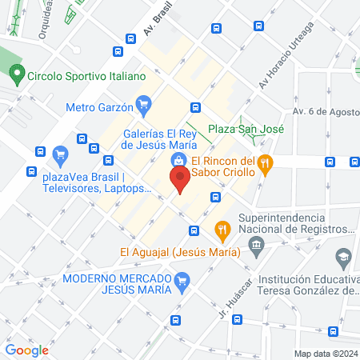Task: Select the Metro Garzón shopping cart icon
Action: pos(145,103)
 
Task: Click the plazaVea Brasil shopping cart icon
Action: pos(59,153)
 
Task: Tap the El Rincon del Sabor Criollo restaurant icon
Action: pos(267,163)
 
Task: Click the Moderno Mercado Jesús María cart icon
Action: pos(182,279)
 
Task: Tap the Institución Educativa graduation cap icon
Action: pos(343,258)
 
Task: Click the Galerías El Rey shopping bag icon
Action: pos(177,160)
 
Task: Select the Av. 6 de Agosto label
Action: pos(323,111)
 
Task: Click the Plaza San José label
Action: pos(240,129)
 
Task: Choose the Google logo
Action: pos(26,350)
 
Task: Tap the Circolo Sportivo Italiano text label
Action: pos(86,76)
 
